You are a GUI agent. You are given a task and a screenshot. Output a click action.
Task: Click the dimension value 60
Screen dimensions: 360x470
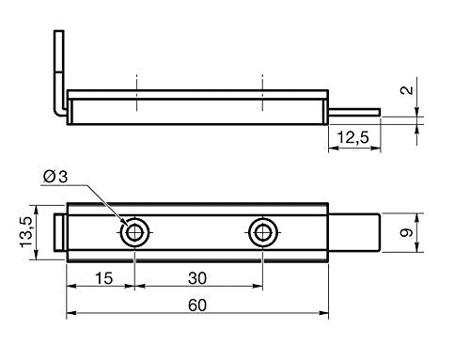click(x=196, y=305)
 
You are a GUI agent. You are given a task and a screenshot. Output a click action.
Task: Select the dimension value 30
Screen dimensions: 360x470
click(x=197, y=277)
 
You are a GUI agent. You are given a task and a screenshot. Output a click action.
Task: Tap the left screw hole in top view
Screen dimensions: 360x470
click(x=135, y=232)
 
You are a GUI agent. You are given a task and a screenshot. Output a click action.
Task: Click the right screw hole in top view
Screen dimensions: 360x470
click(x=262, y=232)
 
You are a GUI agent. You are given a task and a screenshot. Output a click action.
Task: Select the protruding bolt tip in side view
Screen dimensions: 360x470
click(x=355, y=112)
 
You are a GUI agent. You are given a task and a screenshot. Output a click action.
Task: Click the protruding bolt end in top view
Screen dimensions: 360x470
click(x=354, y=232)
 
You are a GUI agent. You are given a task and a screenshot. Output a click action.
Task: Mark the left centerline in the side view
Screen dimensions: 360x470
click(x=135, y=94)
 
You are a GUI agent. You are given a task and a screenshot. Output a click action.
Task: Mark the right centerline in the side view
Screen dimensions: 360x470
click(x=262, y=94)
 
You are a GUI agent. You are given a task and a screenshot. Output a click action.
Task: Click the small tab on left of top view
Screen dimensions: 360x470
click(x=61, y=232)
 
